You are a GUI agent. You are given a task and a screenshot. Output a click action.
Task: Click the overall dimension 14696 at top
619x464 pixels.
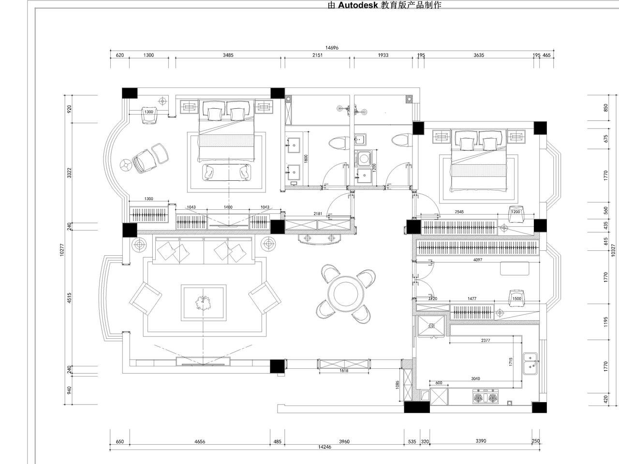click(x=332, y=48)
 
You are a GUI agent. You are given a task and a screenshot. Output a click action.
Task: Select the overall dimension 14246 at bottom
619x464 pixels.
click(x=324, y=447)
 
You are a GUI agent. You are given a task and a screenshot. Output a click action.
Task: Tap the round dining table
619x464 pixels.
click(x=346, y=294)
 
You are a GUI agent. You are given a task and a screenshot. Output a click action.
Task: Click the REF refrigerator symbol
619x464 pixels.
click(x=431, y=326)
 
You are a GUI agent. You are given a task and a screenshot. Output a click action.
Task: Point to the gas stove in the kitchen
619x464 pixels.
click(x=486, y=397)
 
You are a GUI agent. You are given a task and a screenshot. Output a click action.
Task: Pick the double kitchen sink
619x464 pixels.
click(x=531, y=363)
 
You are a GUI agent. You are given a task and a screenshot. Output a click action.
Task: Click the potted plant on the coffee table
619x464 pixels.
click(x=203, y=303)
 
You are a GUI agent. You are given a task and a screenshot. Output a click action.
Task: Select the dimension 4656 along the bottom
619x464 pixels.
click(x=200, y=441)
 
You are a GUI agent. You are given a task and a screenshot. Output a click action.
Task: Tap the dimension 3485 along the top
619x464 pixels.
click(x=228, y=55)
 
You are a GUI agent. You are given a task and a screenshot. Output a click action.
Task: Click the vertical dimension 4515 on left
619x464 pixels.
click(x=69, y=298)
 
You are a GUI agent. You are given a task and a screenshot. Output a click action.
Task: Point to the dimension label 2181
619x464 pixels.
click(x=318, y=214)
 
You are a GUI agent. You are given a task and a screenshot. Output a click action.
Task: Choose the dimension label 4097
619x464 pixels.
click(x=478, y=260)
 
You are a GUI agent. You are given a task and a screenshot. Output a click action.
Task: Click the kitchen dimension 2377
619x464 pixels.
click(x=486, y=340)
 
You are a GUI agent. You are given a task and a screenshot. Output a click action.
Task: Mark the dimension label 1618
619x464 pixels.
click(x=344, y=370)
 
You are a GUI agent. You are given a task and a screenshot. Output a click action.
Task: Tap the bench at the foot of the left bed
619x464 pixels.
click(x=227, y=172)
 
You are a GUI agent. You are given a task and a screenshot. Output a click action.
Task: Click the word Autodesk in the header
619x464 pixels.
click(x=357, y=5)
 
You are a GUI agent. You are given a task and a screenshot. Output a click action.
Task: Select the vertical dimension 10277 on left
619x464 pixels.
click(x=62, y=250)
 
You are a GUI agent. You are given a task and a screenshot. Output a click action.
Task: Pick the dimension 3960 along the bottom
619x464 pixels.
click(x=344, y=441)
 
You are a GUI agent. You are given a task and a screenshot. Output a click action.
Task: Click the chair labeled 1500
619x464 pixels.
click(x=516, y=298)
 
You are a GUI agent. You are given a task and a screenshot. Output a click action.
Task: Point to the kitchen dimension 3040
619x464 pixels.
click(x=475, y=378)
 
